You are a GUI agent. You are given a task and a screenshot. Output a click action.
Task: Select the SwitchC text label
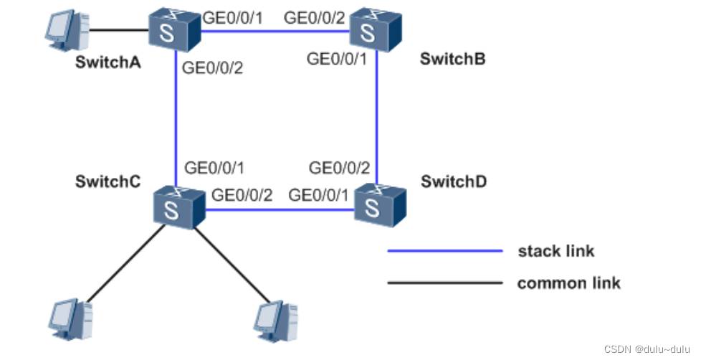click(x=107, y=181)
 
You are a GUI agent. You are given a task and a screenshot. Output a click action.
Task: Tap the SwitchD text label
click(x=454, y=181)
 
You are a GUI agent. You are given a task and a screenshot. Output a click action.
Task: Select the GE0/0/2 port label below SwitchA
click(x=214, y=69)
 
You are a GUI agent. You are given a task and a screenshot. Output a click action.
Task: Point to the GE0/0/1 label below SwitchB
click(x=337, y=59)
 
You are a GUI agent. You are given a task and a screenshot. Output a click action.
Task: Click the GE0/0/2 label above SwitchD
click(x=339, y=169)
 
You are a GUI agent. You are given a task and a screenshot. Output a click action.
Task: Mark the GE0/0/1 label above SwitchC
click(x=214, y=169)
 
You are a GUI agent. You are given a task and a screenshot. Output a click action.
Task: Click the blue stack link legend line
click(x=444, y=252)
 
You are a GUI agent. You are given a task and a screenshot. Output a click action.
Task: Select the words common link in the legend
click(x=568, y=283)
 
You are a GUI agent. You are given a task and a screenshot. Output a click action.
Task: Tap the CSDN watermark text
click(x=647, y=349)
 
